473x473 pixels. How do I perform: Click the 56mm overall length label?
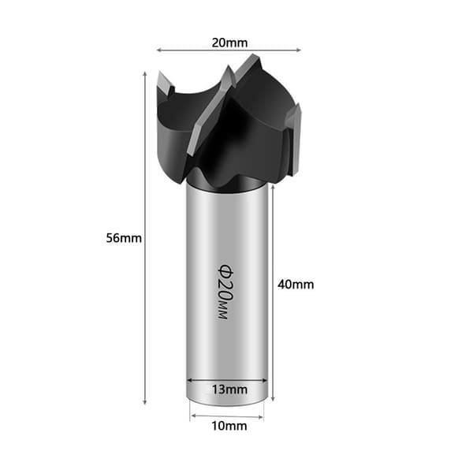point(124,238)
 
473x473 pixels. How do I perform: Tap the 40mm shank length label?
point(296,285)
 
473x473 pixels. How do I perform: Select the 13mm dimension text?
point(229,389)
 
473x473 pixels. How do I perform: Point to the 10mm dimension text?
point(229,426)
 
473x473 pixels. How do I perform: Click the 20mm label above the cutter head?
point(229,43)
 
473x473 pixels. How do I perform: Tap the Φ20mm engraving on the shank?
point(225,292)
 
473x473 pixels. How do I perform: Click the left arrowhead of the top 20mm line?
point(159,50)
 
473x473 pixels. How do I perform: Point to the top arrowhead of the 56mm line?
point(145,75)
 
